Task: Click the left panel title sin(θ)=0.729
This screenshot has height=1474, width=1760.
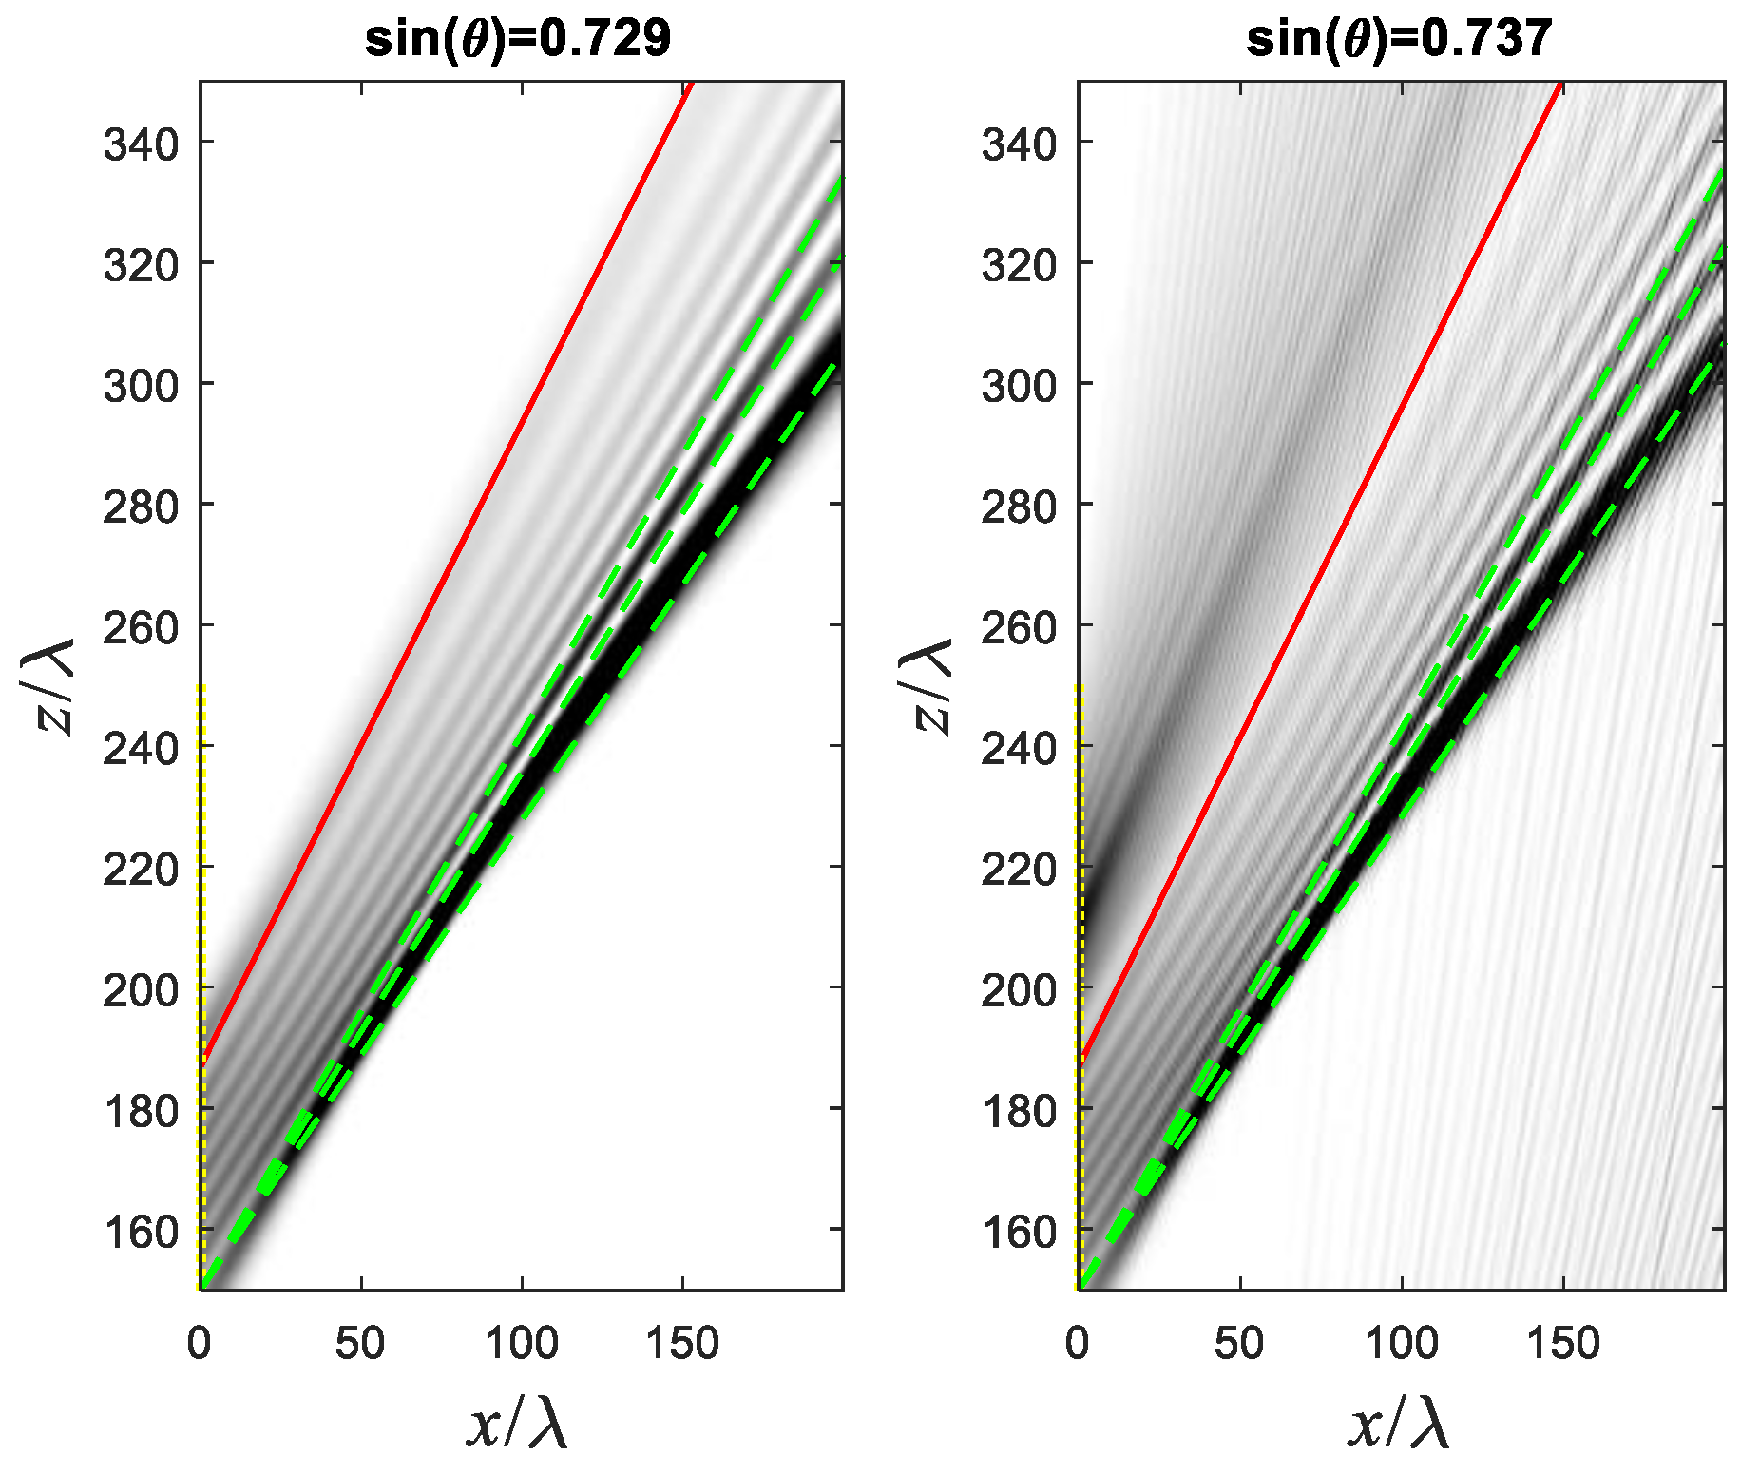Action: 518,39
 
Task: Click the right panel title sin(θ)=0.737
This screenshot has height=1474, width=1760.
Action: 1399,39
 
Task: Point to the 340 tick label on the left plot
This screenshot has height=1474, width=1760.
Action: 141,144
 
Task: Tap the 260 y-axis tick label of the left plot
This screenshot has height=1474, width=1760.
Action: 141,628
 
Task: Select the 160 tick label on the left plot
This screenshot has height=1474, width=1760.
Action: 141,1232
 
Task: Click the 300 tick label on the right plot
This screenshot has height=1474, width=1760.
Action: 1019,386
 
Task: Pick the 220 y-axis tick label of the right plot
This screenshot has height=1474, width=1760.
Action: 1019,870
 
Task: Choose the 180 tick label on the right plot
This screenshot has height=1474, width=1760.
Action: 1019,1111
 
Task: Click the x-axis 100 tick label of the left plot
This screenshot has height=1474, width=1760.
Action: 521,1344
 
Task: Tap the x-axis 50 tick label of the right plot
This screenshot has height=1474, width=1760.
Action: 1239,1344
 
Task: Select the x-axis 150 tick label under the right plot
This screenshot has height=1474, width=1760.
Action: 1563,1344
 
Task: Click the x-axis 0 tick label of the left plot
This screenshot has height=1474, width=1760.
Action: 199,1344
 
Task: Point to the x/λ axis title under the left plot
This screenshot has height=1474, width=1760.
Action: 518,1424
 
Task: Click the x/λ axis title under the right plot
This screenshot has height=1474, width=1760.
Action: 1399,1424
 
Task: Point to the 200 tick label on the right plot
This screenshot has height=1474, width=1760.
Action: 1019,990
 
